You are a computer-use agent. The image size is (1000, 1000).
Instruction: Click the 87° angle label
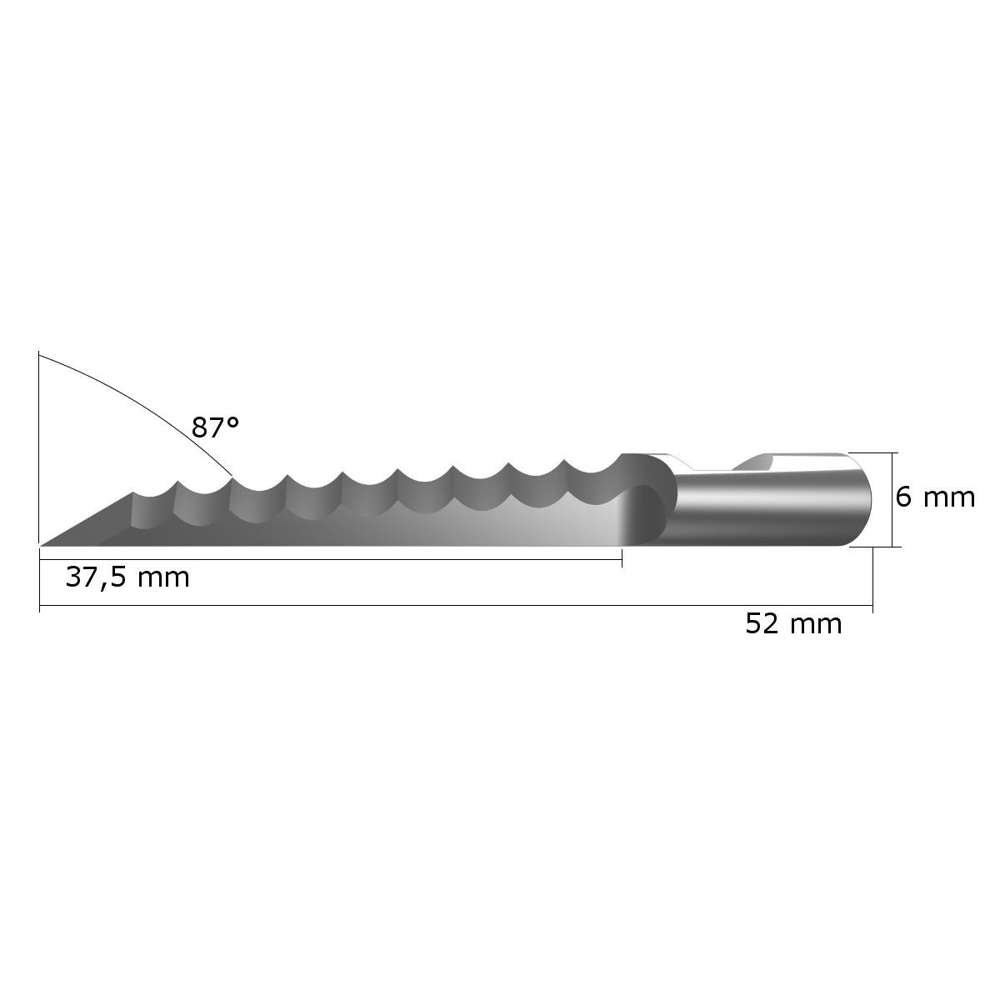215,427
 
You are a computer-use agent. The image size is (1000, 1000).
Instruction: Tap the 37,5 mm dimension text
127,577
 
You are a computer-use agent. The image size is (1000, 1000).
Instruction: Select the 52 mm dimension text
793,624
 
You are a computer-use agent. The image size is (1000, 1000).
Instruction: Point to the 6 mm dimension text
935,497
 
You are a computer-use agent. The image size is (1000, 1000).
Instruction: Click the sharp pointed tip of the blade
41,545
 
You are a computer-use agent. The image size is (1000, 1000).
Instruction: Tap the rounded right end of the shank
862,500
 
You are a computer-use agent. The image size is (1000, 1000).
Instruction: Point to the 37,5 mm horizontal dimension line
331,559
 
